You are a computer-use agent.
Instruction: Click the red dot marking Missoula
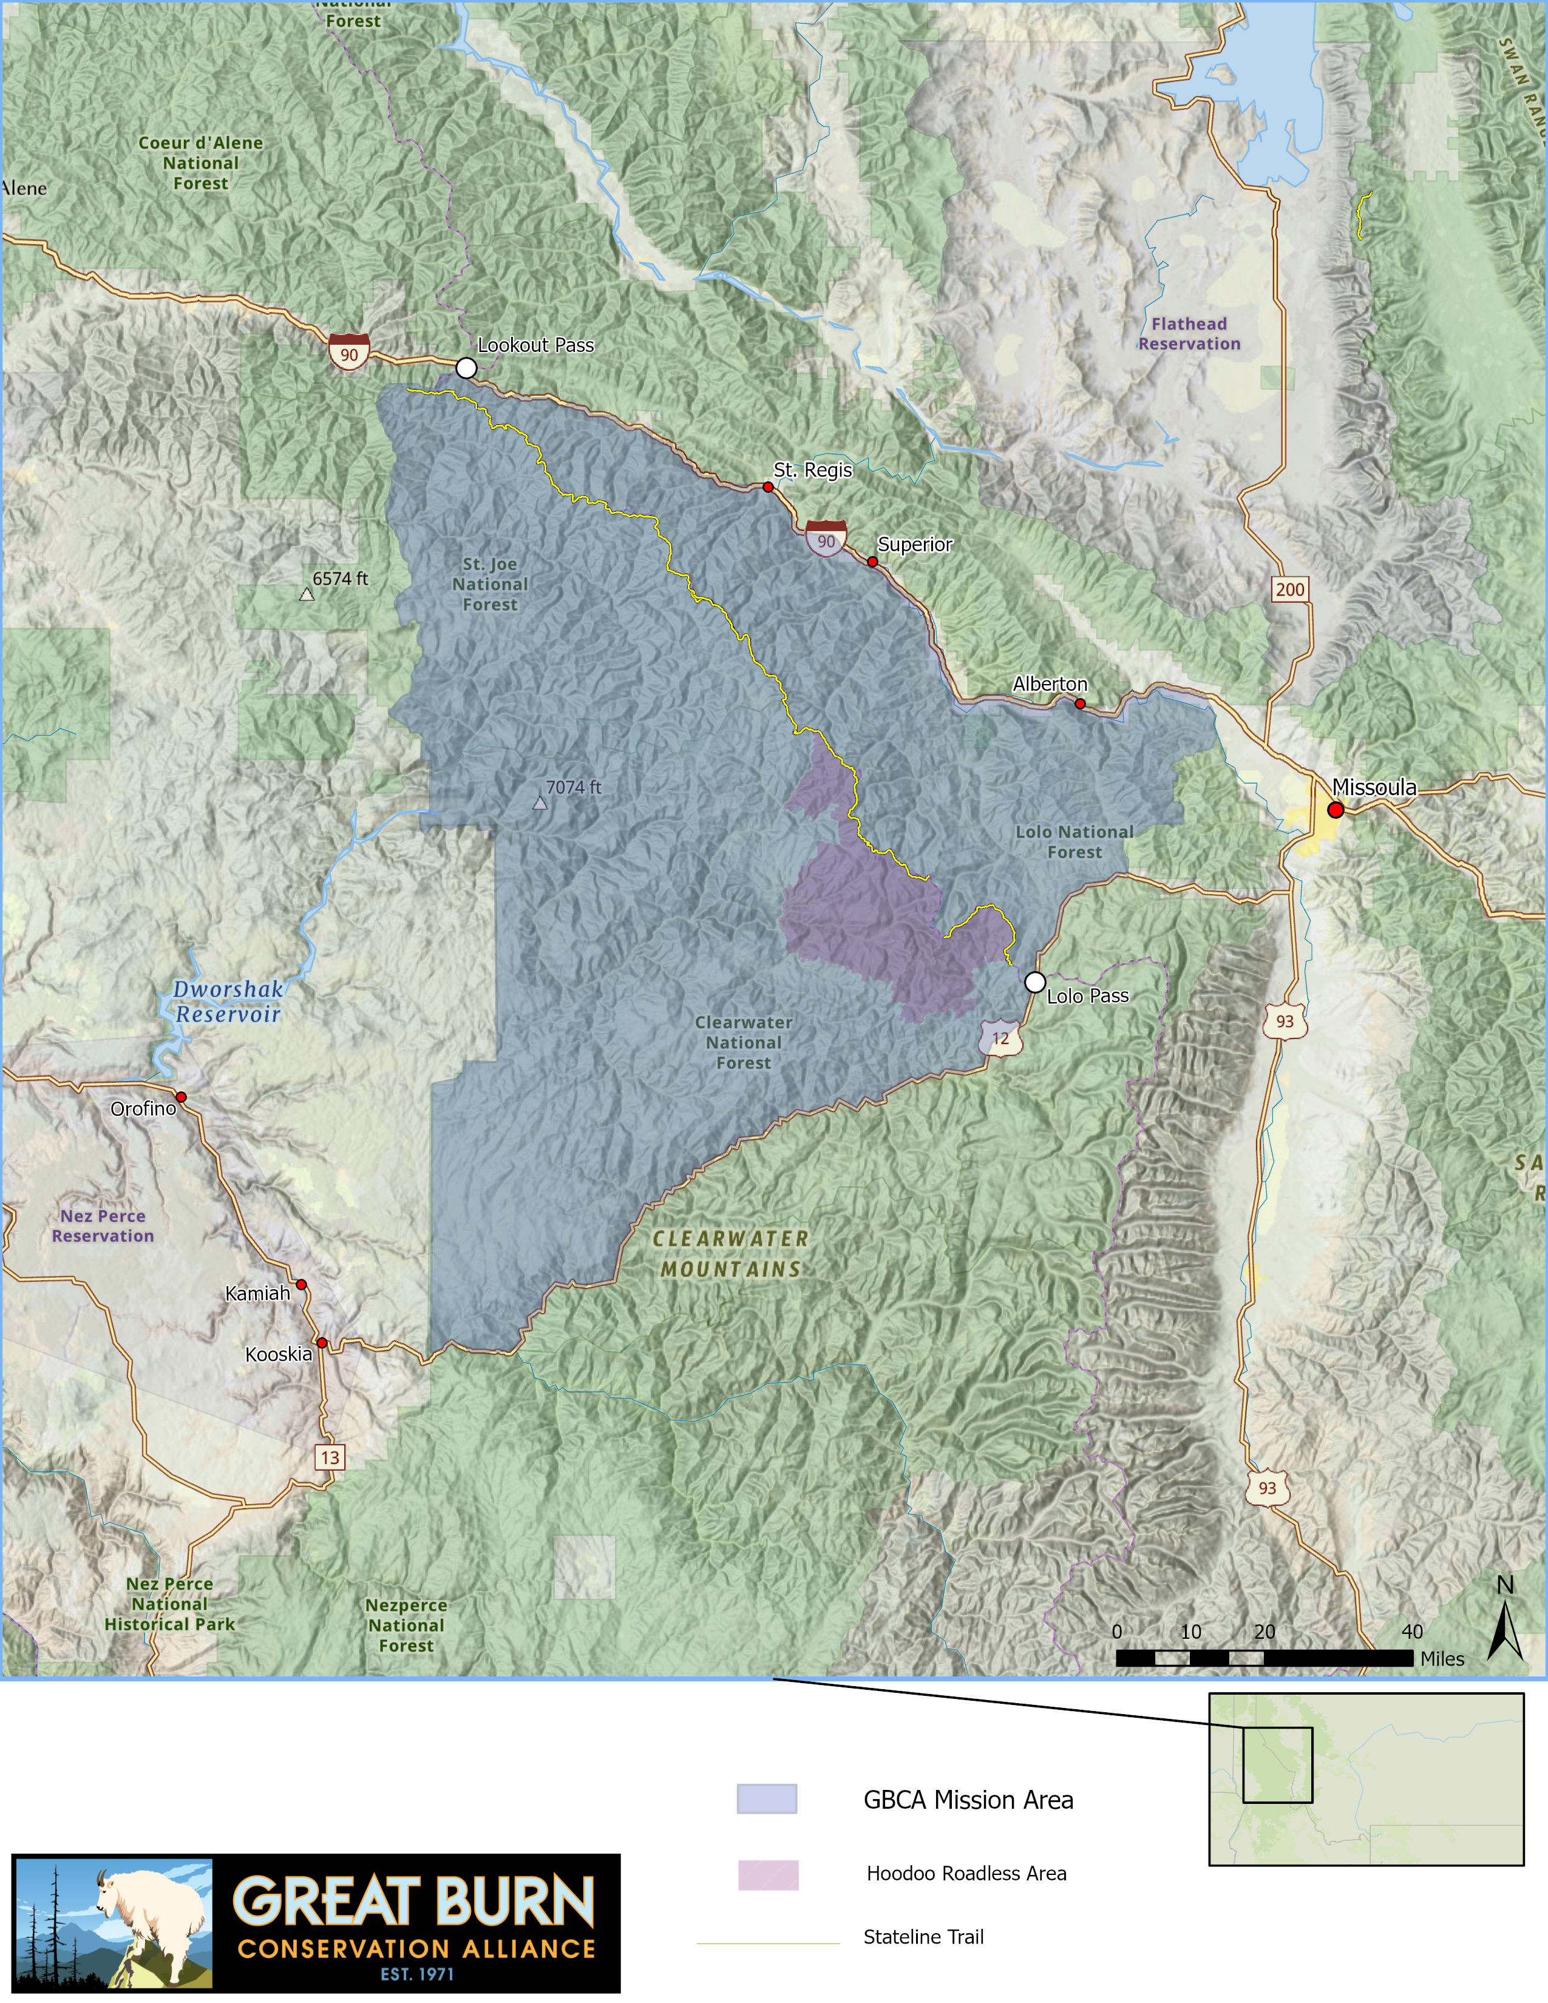click(x=1336, y=810)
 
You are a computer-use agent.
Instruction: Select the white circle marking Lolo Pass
click(x=1034, y=982)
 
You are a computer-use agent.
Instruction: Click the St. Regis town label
click(x=812, y=470)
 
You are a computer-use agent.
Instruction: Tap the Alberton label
click(x=1050, y=684)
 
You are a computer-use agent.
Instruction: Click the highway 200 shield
click(x=1289, y=590)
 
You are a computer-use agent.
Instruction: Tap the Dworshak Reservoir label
click(x=228, y=1001)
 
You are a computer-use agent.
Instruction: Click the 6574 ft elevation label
click(x=340, y=578)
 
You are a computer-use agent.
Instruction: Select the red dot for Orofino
click(x=182, y=1097)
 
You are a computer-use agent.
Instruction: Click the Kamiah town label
click(x=257, y=1293)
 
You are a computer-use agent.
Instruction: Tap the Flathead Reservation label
click(x=1189, y=334)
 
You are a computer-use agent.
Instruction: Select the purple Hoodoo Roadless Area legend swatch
click(x=767, y=1874)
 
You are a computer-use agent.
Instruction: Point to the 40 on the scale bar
click(x=1411, y=1632)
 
